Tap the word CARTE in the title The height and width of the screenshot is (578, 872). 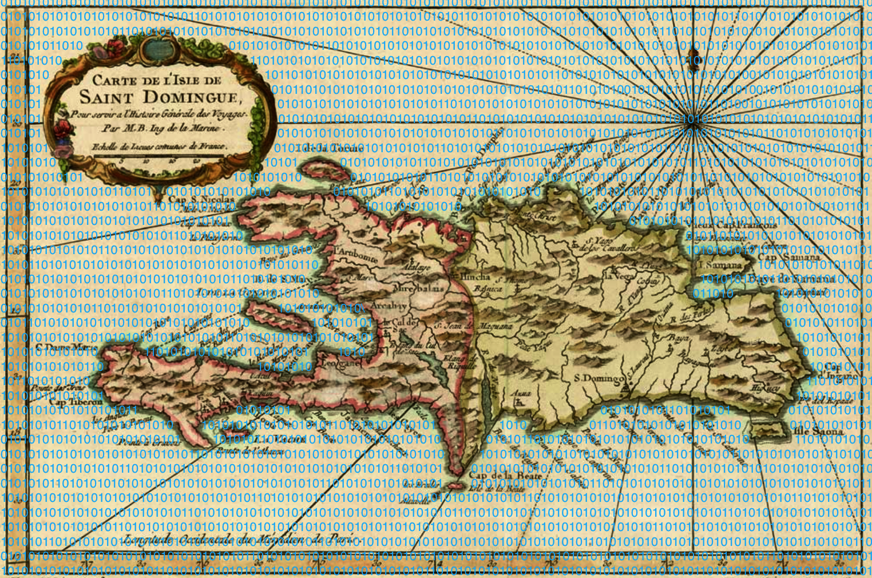click(x=112, y=81)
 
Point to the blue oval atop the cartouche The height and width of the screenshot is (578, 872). click(x=153, y=50)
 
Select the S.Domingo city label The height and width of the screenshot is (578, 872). click(x=599, y=378)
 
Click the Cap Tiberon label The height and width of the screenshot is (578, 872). click(x=76, y=401)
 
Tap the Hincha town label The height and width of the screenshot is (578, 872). click(x=475, y=276)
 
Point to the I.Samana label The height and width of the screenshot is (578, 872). click(x=719, y=265)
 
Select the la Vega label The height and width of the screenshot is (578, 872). click(x=618, y=275)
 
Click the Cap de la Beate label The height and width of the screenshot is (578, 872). click(x=497, y=475)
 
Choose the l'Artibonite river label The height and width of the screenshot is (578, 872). click(x=355, y=254)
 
